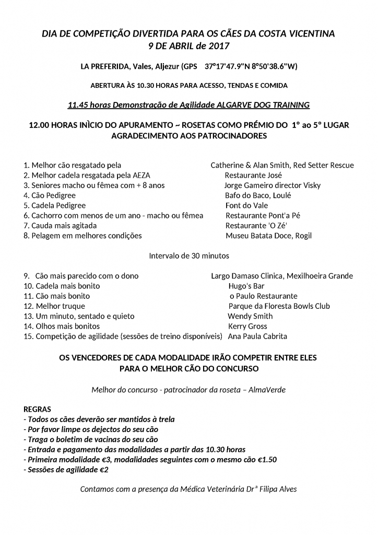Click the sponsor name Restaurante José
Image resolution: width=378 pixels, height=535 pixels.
[253, 176]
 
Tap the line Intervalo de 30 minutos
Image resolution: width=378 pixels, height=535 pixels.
[188, 256]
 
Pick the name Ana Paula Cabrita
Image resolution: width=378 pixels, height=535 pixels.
[257, 336]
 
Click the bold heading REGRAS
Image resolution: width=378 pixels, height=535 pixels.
[38, 409]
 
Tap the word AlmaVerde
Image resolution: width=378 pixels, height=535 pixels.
[267, 390]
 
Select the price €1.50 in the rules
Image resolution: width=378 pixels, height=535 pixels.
[267, 460]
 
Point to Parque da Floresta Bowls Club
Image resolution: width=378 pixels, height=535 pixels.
[279, 306]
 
